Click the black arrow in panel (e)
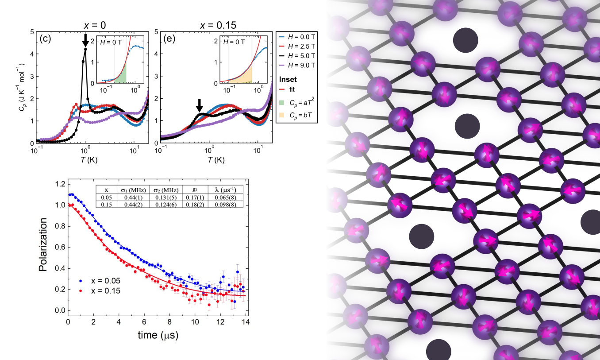click(x=199, y=105)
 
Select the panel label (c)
click(x=45, y=38)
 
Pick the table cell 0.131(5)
click(x=163, y=197)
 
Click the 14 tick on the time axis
click(x=245, y=321)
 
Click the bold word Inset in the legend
click(x=288, y=79)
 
